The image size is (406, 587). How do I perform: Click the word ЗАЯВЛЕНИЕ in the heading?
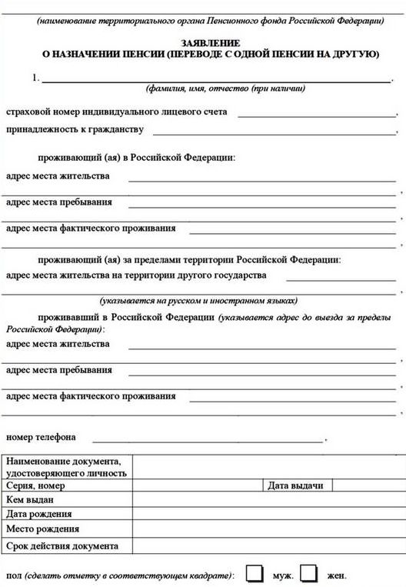210,43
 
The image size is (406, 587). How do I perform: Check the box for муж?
254,573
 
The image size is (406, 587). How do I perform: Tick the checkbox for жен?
309,573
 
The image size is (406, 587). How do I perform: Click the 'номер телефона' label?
41,438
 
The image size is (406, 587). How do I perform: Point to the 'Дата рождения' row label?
39,515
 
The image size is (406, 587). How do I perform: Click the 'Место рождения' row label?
42,529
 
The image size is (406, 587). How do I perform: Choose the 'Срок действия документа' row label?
62,545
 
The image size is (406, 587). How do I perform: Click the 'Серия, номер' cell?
35,485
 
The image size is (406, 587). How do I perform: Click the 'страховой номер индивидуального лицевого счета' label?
116,112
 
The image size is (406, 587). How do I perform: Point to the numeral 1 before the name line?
35,78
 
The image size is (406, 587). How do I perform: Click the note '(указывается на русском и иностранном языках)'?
198,301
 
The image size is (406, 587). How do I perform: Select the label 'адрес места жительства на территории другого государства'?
136,275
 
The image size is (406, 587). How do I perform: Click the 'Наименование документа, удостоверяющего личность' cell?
66,467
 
